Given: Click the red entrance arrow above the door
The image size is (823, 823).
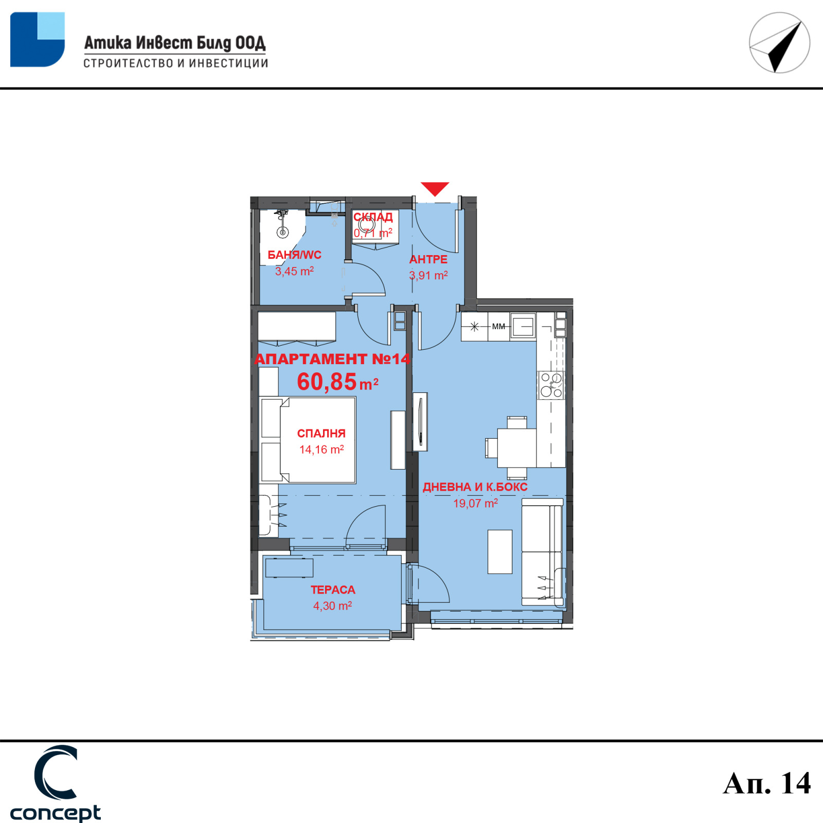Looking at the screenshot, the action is click(x=435, y=188).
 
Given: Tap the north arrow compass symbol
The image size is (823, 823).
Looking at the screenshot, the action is click(x=779, y=43).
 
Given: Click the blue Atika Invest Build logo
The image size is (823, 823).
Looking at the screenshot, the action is click(x=38, y=40).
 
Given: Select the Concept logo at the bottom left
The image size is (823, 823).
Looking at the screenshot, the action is click(x=56, y=783).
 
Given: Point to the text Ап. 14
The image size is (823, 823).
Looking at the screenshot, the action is click(x=766, y=783).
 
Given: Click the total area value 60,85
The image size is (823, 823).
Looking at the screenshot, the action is click(x=327, y=382).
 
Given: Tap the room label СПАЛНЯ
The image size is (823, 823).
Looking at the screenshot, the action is click(x=321, y=433).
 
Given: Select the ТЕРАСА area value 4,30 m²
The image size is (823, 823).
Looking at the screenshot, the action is click(x=333, y=605).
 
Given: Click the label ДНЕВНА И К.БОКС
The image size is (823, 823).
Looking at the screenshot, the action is click(x=475, y=487).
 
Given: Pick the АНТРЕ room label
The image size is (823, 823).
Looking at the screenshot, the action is click(x=428, y=259).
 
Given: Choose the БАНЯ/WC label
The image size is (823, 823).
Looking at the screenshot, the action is click(x=294, y=255).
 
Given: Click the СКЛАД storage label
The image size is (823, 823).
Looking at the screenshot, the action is click(x=373, y=217).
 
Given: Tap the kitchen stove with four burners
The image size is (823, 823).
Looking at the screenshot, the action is click(x=551, y=385).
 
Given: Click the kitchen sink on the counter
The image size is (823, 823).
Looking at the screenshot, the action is click(x=523, y=327).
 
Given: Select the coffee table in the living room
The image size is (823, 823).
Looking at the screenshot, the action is click(x=500, y=551).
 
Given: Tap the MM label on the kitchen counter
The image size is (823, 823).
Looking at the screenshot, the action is click(x=498, y=326).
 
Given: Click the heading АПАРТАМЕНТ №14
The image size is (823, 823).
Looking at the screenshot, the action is click(x=333, y=359).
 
